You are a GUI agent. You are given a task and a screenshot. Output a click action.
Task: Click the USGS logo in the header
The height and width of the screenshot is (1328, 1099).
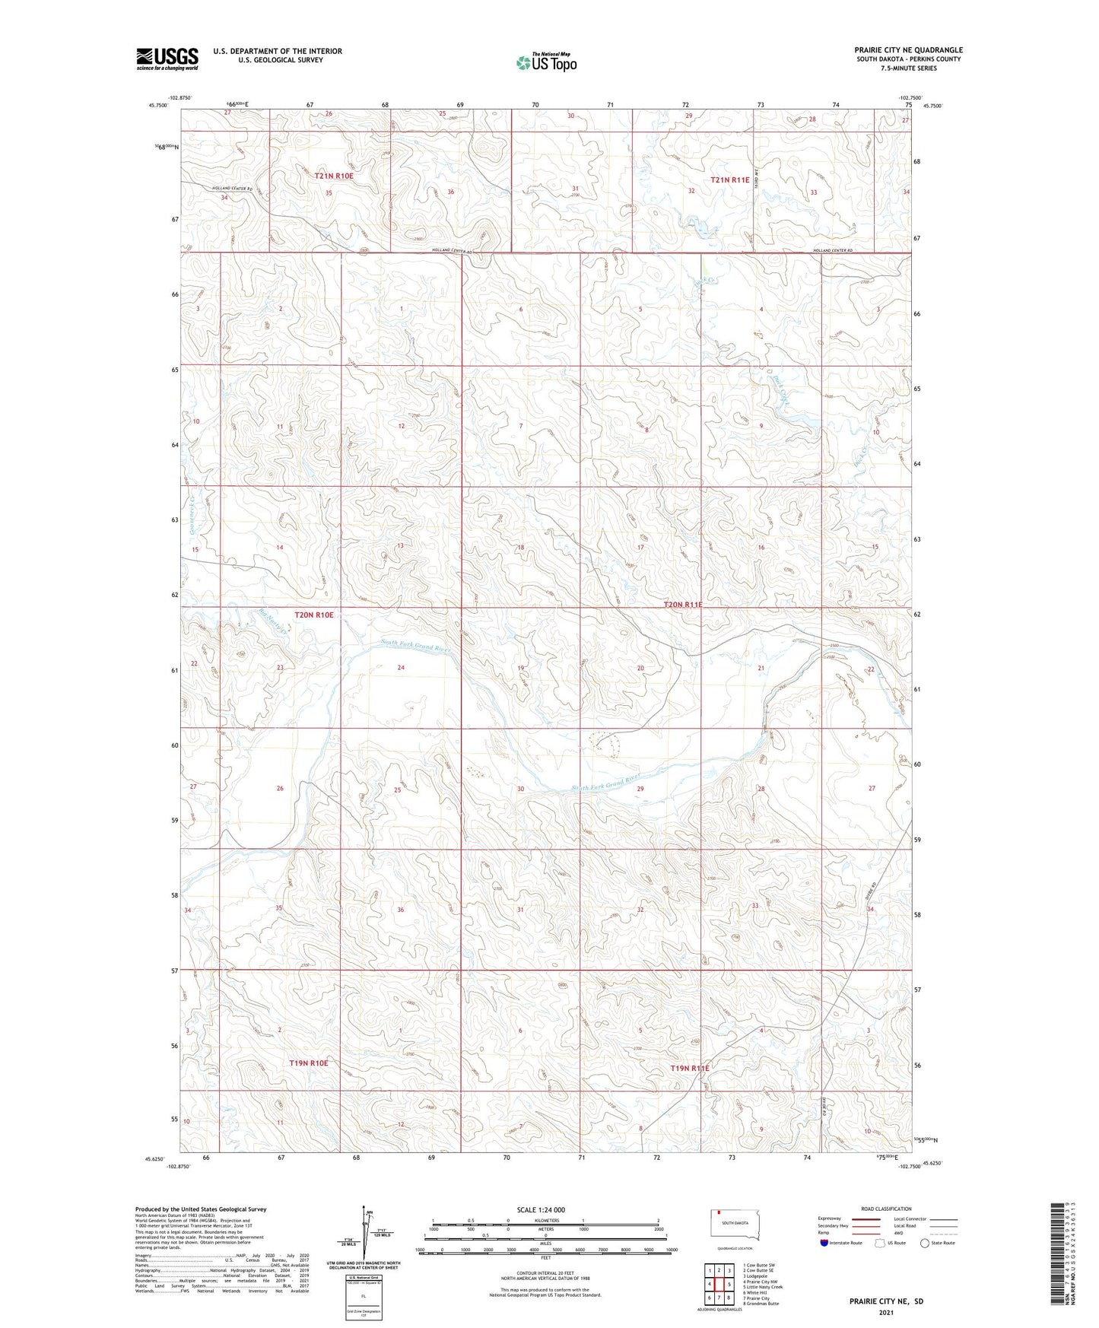[167, 59]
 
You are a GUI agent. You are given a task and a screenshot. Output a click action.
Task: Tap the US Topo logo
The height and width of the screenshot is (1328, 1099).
[545, 62]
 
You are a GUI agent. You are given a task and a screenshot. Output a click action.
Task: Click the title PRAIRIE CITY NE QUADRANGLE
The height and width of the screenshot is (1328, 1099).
[908, 50]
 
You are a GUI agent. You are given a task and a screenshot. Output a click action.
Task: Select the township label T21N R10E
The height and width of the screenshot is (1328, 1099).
[334, 176]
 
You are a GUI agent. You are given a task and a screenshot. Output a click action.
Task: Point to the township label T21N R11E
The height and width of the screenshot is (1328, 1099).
[729, 180]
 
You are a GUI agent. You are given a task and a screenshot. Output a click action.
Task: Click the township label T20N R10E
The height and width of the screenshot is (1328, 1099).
[314, 615]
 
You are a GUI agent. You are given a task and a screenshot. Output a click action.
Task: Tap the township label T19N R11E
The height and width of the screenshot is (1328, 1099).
[689, 1069]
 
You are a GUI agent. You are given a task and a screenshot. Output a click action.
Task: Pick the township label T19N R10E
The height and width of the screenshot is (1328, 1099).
[308, 1063]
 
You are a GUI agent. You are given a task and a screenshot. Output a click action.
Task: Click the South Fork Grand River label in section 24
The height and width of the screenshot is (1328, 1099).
[416, 647]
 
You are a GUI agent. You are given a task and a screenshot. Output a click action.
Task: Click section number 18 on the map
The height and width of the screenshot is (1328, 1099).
[521, 548]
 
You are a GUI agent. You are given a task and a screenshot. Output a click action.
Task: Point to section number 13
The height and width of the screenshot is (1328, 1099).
[399, 545]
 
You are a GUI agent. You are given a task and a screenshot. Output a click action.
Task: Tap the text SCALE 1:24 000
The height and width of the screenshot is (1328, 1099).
[541, 1210]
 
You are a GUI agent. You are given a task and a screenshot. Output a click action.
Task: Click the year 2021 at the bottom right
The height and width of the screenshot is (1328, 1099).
[886, 1313]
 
